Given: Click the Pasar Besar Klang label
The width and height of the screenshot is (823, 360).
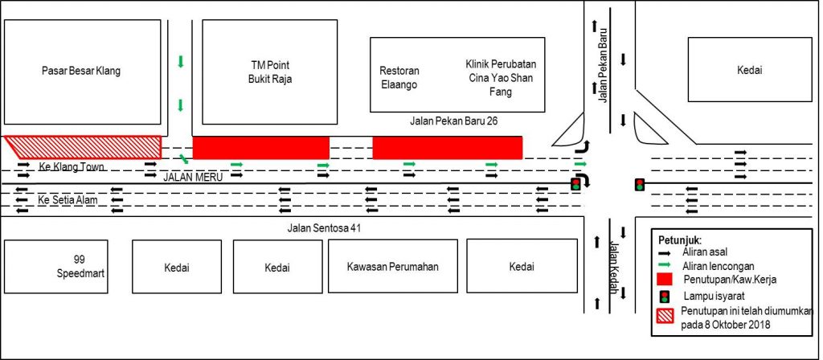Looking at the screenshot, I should click(80, 71).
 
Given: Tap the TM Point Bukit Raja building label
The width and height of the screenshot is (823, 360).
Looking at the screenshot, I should click(269, 72).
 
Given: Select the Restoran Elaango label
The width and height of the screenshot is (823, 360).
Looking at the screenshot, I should click(399, 76).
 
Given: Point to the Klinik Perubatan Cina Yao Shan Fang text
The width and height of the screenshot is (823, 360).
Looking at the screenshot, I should click(500, 77).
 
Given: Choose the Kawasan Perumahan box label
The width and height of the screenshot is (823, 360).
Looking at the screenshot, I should click(393, 267).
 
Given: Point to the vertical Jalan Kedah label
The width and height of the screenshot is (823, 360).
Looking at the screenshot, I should click(614, 267).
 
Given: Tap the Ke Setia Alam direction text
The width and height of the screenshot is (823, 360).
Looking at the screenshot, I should click(68, 198).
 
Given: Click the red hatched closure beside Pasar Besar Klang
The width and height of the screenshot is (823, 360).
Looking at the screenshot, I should click(84, 147).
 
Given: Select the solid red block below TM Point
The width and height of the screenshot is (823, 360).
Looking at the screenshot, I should click(260, 148).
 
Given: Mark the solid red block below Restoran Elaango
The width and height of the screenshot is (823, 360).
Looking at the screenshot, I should click(447, 148).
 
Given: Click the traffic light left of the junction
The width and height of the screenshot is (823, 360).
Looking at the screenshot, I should click(575, 185).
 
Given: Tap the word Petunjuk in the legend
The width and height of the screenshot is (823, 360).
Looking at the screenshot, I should click(679, 239).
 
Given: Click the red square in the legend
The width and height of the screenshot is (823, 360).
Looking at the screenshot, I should click(666, 280).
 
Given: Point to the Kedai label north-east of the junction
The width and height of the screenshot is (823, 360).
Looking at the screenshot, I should click(749, 71).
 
